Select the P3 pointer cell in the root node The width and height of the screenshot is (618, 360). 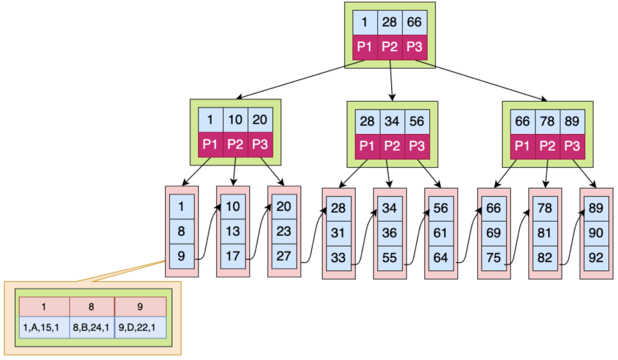point(414,47)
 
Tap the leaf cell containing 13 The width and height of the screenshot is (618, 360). point(232,231)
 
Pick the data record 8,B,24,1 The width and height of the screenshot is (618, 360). point(92,327)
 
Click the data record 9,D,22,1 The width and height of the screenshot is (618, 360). point(140,327)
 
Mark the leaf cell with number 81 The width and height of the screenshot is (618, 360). point(544,234)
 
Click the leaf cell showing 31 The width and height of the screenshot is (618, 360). point(338,234)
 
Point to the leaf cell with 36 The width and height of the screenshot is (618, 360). point(389,234)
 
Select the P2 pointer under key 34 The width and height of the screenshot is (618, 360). point(392,145)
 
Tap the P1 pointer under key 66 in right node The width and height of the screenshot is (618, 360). point(523,145)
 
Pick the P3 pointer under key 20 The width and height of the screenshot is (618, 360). point(260,144)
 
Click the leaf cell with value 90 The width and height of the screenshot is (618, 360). point(596,234)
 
